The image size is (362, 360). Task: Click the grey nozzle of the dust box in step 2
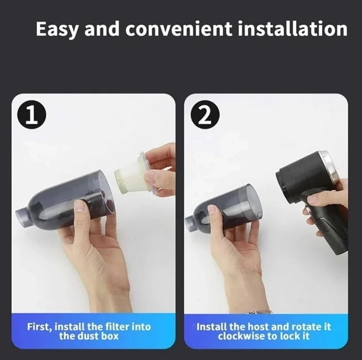191,223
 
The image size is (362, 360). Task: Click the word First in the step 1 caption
39,327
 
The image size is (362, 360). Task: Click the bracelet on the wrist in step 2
260,312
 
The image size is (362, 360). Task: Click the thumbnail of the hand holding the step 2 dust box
212,210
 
